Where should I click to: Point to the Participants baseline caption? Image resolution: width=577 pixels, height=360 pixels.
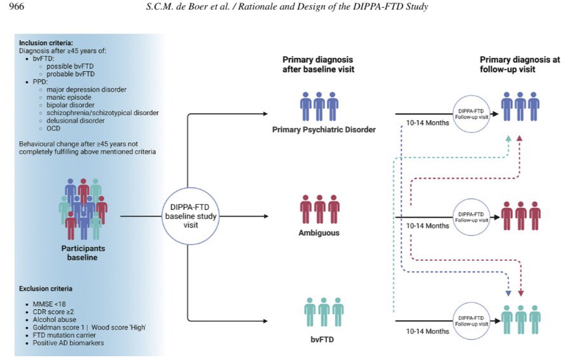[x=83, y=253]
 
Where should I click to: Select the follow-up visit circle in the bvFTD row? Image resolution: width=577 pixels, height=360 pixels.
[x=471, y=319]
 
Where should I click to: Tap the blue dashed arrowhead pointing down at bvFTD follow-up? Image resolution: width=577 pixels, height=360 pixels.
[x=508, y=294]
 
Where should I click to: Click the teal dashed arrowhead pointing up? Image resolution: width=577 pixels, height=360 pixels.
[x=508, y=138]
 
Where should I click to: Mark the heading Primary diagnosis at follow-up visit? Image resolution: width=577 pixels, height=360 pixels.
[x=520, y=64]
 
